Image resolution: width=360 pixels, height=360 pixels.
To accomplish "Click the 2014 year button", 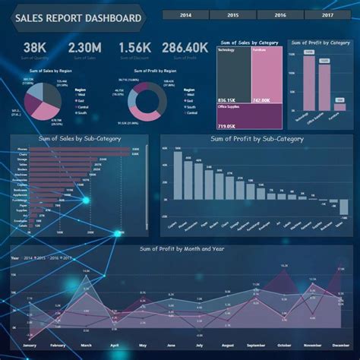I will pos(185,15).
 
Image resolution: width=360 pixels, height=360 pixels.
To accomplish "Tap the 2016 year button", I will pos(280,15).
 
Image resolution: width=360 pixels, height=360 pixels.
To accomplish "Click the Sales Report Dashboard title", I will pos(76,18).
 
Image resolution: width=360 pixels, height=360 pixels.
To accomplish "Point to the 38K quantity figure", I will pos(34,48).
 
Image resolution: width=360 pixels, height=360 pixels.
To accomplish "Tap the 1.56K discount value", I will pos(134,48).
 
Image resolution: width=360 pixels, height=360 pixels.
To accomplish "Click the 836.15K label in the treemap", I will pos(227,100).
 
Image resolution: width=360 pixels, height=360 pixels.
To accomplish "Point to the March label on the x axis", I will pos(85,346).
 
